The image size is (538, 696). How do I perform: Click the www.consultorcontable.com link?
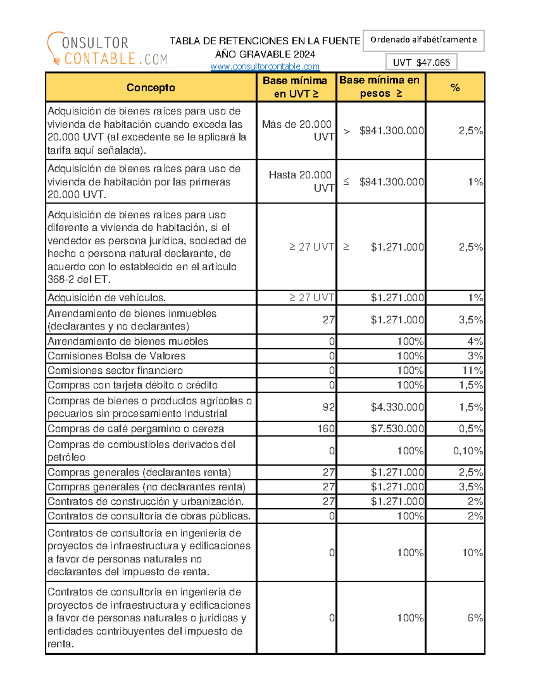(265, 67)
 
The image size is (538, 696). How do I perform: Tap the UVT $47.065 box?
(421, 62)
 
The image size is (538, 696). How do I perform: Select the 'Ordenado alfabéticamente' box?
(423, 40)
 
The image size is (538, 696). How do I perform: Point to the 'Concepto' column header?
(151, 87)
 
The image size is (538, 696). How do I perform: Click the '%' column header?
(455, 87)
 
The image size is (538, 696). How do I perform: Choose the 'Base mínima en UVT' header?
(296, 87)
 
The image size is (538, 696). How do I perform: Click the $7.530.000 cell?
(397, 429)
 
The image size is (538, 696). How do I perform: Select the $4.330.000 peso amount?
(397, 407)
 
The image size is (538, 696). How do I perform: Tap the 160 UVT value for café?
(326, 429)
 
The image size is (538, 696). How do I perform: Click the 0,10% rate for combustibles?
(468, 451)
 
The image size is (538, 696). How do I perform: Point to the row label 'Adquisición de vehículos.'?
(107, 298)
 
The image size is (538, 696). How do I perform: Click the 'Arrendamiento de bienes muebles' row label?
(128, 342)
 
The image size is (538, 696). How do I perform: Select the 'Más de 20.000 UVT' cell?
(297, 130)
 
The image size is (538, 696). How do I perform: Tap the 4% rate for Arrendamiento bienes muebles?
(475, 342)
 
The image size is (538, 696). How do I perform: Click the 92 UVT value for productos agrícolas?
(328, 407)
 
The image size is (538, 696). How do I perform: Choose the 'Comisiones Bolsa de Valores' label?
(117, 356)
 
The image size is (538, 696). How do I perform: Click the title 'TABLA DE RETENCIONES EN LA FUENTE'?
(265, 41)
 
